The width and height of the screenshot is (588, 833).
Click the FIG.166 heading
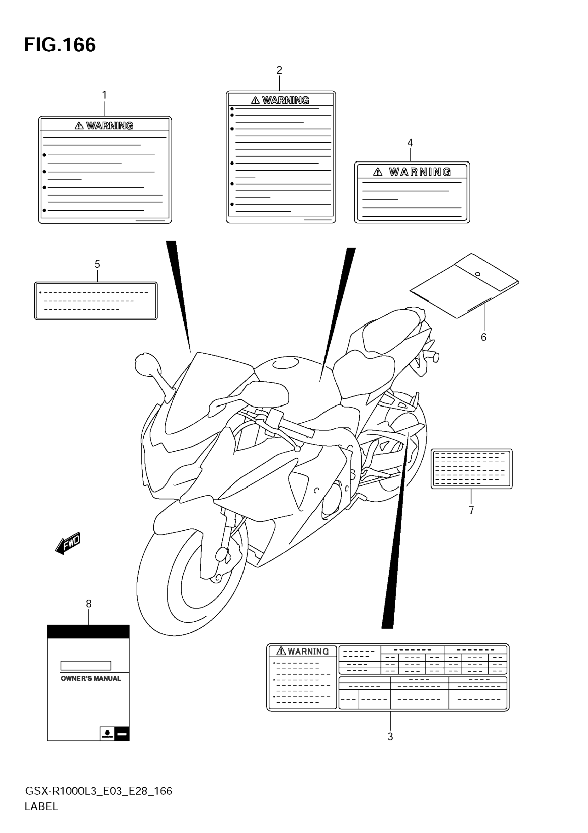(60, 45)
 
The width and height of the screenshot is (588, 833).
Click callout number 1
(105, 95)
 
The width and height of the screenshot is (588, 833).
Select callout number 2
(279, 70)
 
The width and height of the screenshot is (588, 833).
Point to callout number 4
(410, 143)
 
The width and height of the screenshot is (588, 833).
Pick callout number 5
(97, 264)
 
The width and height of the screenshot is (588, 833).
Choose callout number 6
(483, 337)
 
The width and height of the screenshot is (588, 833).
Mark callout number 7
(471, 511)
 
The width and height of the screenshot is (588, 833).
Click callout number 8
(88, 604)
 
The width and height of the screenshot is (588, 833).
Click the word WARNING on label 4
(420, 172)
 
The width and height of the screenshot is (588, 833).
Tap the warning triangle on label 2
(255, 100)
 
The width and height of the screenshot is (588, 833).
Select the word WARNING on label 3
(308, 652)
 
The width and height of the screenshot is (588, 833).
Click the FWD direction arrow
(68, 543)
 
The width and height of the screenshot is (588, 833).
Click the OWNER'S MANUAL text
(91, 678)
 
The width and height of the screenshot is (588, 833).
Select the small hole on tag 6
(478, 274)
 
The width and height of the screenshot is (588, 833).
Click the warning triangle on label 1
(79, 126)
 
